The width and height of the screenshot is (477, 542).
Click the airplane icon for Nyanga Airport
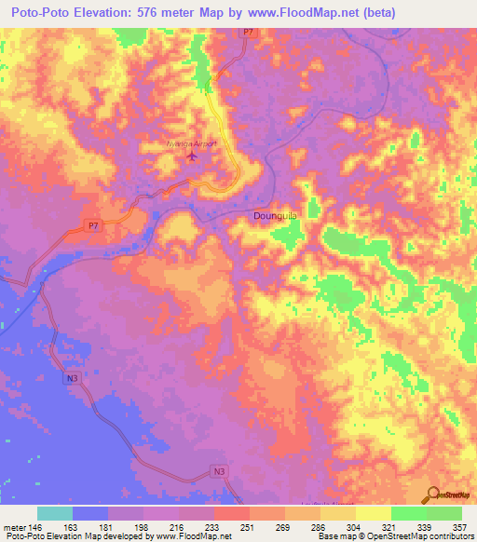coord(193,156)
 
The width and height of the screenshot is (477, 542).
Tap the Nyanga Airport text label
coord(190,143)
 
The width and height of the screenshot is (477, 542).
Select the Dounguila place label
coord(276,215)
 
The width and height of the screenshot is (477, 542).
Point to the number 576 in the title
coord(155,13)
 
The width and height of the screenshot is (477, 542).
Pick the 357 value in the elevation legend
coord(459,526)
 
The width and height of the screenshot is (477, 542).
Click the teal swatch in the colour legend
coord(55,513)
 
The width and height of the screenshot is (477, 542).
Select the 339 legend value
coord(424,526)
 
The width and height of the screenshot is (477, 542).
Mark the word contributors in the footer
coord(449,536)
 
